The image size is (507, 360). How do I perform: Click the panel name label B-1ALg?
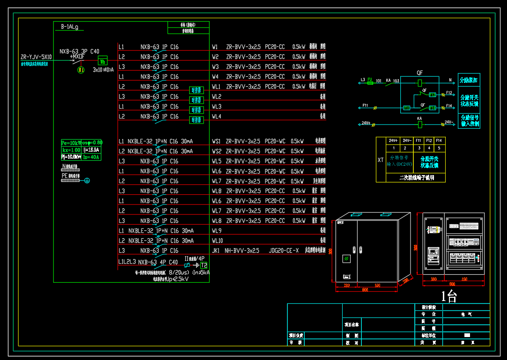[69, 27]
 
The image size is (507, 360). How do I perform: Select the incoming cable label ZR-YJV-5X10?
[36, 57]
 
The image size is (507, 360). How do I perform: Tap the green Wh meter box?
[102, 61]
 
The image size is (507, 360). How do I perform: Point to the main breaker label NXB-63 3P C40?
[79, 51]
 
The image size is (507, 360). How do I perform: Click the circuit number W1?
[215, 47]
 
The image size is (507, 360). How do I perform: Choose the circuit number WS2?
[216, 151]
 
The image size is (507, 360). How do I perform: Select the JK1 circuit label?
[216, 251]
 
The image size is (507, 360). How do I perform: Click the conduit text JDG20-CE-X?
[284, 251]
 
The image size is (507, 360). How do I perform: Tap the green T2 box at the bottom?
[204, 265]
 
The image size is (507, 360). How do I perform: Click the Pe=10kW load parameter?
[71, 142]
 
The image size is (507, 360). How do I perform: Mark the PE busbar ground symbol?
[86, 180]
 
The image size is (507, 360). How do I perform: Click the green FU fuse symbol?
[370, 81]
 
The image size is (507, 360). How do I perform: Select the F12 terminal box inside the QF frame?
[433, 95]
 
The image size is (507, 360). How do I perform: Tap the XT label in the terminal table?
[381, 160]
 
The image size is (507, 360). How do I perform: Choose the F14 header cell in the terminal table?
[439, 140]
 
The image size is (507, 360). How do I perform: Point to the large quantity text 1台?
[449, 295]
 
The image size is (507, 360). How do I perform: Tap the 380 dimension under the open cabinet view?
[434, 279]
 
